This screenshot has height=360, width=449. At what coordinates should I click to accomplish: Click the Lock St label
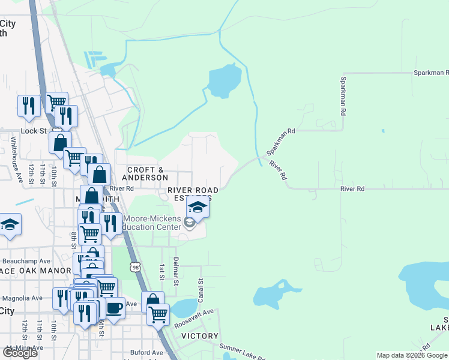click(x=34, y=131)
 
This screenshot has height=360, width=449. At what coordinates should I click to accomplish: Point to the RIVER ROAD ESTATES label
click(x=192, y=194)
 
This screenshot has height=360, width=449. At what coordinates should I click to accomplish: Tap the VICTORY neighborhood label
click(x=199, y=337)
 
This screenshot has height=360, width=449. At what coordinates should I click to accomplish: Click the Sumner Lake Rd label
click(x=242, y=352)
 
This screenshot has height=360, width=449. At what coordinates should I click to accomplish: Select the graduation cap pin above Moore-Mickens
click(x=197, y=208)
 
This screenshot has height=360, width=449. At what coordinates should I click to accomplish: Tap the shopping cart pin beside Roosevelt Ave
click(x=158, y=313)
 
